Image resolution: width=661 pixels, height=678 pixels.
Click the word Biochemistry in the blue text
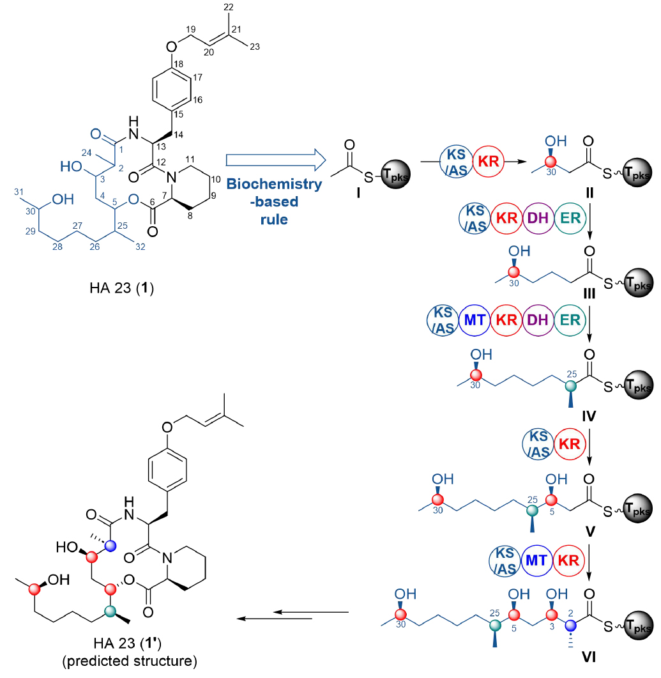pyautogui.click(x=275, y=184)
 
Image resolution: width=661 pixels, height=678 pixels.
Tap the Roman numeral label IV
pyautogui.click(x=589, y=416)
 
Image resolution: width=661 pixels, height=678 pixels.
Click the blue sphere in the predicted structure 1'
pyautogui.click(x=110, y=545)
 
